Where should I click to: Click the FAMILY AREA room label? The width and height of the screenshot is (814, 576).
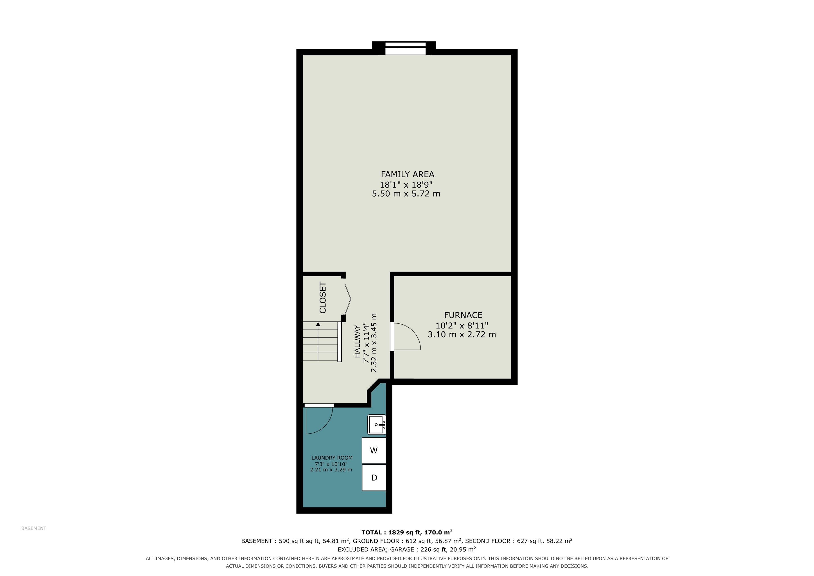coord(407,174)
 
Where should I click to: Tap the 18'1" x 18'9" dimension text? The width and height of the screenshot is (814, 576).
coord(406,184)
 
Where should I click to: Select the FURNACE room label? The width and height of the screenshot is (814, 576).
coord(463,315)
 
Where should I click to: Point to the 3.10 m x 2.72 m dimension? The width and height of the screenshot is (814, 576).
coord(462,334)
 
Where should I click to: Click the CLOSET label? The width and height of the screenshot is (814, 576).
coord(323,298)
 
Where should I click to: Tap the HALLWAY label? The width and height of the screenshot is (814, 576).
coord(357,341)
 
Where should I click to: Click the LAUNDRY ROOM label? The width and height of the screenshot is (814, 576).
coord(332,458)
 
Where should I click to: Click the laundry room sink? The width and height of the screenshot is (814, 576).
coord(377,425)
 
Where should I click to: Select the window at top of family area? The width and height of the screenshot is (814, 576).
coord(405,48)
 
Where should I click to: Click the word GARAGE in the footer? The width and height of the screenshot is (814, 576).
coord(404,549)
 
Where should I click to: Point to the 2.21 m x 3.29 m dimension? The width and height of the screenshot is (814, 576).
coord(331,470)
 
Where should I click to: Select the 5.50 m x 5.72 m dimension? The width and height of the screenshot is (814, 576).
coord(406,194)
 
